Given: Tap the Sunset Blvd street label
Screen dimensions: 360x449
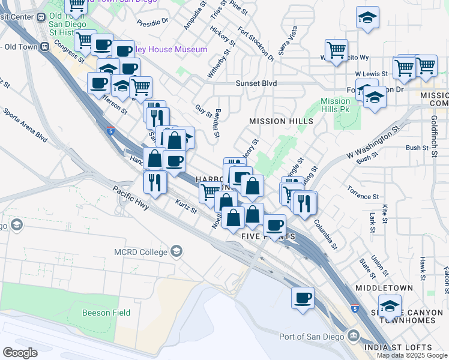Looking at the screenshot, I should click(x=256, y=83).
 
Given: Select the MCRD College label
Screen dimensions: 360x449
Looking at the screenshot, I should click(x=142, y=252).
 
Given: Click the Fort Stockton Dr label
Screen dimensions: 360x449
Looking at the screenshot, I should click(x=256, y=44).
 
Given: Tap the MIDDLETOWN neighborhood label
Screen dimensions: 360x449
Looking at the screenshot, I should click(x=384, y=288).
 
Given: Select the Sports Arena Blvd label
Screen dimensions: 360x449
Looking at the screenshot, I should click(x=25, y=124).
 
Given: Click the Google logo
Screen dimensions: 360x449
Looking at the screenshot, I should click(x=20, y=353).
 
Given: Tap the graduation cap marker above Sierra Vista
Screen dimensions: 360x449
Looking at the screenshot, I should click(x=367, y=18).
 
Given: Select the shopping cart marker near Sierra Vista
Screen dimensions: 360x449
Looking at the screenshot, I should click(x=336, y=50).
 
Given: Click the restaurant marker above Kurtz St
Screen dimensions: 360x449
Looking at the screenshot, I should click(x=155, y=182).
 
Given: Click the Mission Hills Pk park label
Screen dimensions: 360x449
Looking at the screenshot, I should click(x=335, y=106).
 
